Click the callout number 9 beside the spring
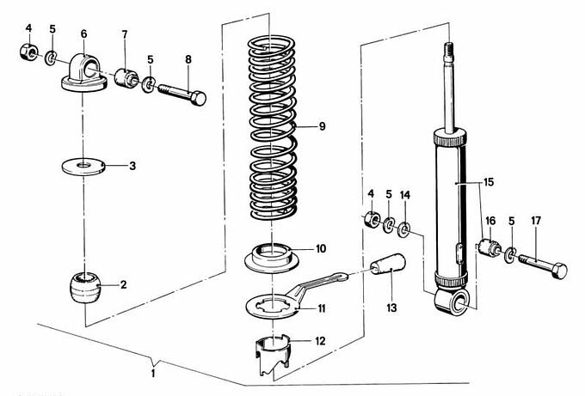(322, 126)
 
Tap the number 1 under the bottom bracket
(154, 374)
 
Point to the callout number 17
(535, 221)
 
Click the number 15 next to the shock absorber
(489, 182)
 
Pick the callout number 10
(321, 249)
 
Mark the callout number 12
(321, 341)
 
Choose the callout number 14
(405, 195)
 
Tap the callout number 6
(83, 34)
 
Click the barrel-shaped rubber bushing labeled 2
(85, 285)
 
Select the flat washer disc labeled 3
(84, 164)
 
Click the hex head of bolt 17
(559, 271)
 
